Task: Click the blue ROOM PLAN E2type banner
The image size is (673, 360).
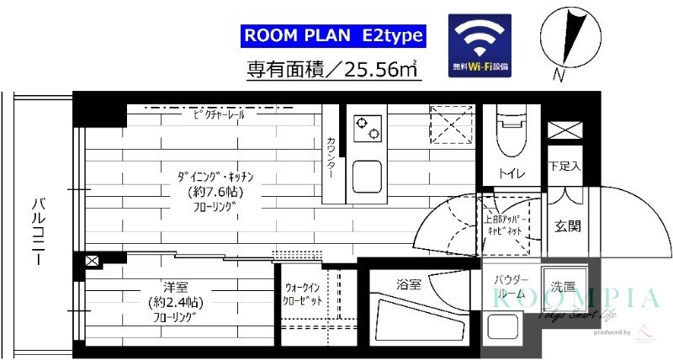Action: click(334, 36)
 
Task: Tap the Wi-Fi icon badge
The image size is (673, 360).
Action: click(480, 42)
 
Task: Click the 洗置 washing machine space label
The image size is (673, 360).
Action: click(563, 286)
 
